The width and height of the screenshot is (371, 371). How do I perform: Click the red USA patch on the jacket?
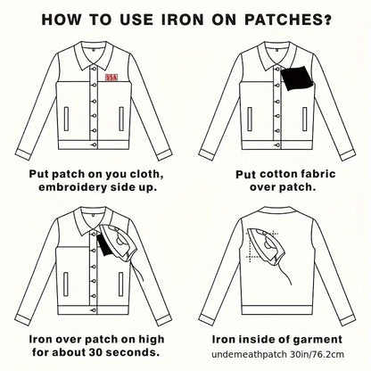coord(111,78)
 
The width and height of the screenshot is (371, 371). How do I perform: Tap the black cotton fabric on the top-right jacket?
coord(297,78)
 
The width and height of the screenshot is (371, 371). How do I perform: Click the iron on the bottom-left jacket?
coord(120,243)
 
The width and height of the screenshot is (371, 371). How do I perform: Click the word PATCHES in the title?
coord(287,20)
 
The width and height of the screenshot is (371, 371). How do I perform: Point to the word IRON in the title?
coord(183,20)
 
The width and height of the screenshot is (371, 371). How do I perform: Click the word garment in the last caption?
coord(317,340)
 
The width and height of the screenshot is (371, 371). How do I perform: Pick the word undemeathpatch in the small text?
coord(249,355)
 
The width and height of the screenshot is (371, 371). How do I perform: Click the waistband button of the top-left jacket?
coord(95,144)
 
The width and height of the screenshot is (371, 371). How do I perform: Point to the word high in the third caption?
coord(153,340)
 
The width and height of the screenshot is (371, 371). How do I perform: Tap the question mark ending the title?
coord(327,20)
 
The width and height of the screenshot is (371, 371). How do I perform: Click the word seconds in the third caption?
coord(131,352)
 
